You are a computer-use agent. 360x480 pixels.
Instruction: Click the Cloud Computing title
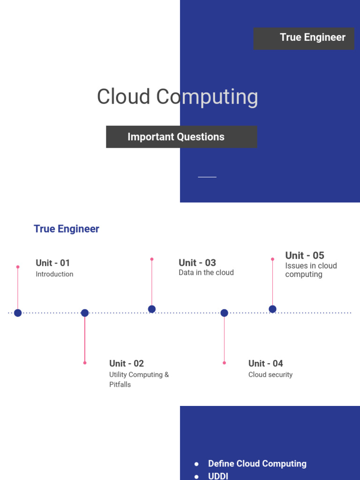pos(177,97)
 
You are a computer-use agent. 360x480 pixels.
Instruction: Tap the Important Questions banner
pos(176,137)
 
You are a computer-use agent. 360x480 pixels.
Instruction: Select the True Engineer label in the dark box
pos(312,37)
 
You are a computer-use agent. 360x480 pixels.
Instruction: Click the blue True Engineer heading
pos(67,229)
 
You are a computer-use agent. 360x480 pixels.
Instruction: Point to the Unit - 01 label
pos(52,263)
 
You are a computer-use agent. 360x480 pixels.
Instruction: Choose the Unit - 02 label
pos(127,363)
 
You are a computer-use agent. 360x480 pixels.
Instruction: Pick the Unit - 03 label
pos(197,263)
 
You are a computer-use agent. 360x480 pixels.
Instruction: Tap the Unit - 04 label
pos(266,363)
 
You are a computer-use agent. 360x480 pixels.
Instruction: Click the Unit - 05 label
pos(305,255)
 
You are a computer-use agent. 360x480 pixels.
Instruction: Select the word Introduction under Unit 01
pos(54,274)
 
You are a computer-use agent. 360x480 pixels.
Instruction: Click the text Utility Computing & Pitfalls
pos(139,379)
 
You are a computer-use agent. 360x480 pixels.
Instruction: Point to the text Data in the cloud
pos(206,272)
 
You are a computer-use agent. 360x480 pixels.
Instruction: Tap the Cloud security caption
pos(270,375)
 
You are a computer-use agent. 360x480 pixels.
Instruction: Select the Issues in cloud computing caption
pos(311,270)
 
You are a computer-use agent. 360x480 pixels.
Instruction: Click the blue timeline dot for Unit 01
pos(18,313)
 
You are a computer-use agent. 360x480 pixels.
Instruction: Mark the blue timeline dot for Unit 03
pos(152,309)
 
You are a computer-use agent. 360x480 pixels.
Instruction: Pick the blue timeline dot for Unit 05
pos(272,309)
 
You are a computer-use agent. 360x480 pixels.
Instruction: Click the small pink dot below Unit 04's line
pos(224,363)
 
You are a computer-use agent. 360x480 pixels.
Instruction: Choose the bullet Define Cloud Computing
pos(257,464)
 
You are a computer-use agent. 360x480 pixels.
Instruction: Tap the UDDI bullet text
pos(218,476)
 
